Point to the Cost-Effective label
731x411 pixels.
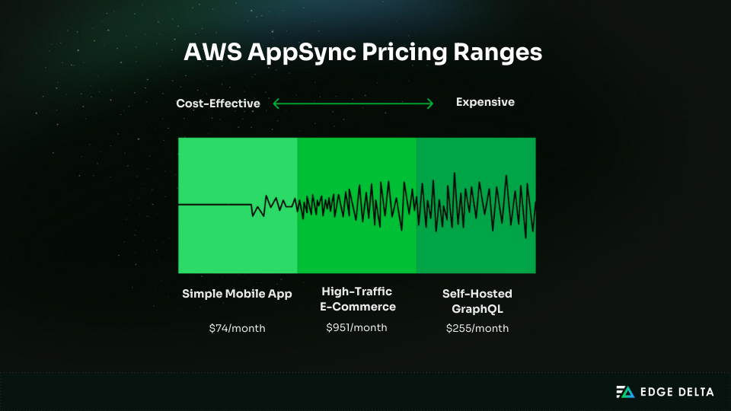[219, 104]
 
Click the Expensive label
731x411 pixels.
[485, 102]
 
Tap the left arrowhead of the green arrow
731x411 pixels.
[276, 104]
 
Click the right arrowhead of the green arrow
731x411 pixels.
[431, 104]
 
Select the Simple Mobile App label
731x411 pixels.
[237, 294]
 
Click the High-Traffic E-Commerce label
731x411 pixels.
[356, 299]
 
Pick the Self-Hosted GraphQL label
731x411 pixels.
[477, 301]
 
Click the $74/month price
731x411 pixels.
[237, 328]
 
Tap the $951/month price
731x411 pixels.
[356, 327]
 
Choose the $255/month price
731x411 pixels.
[477, 328]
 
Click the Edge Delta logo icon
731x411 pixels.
[624, 392]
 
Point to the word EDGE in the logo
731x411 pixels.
[658, 392]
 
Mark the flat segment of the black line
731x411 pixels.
[214, 205]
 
